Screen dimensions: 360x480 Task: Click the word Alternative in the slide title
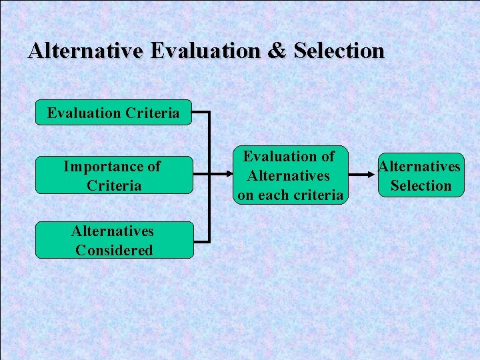click(x=87, y=51)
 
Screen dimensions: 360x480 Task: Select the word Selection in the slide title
click(x=339, y=51)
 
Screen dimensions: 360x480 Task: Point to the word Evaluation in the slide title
click(x=207, y=51)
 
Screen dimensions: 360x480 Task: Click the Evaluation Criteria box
click(x=113, y=113)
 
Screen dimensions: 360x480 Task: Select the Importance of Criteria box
click(x=113, y=175)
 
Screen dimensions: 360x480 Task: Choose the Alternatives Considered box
click(x=113, y=240)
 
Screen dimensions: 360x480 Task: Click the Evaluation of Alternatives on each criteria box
click(x=291, y=175)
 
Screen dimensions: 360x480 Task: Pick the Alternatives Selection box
click(x=421, y=175)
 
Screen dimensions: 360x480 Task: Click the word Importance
click(x=103, y=167)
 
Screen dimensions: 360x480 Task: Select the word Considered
click(x=114, y=250)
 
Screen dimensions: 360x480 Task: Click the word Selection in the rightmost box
click(x=421, y=185)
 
